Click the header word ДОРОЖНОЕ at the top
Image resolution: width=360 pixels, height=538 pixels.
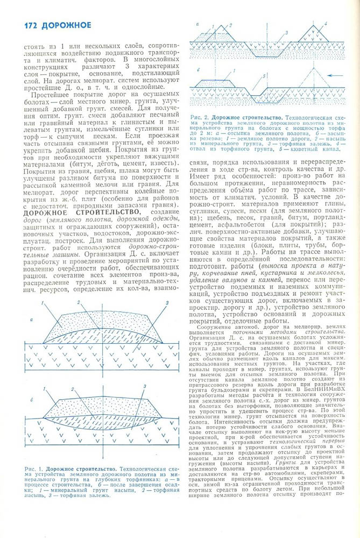click(x=67, y=25)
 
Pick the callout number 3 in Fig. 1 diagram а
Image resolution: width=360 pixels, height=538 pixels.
click(x=167, y=303)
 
